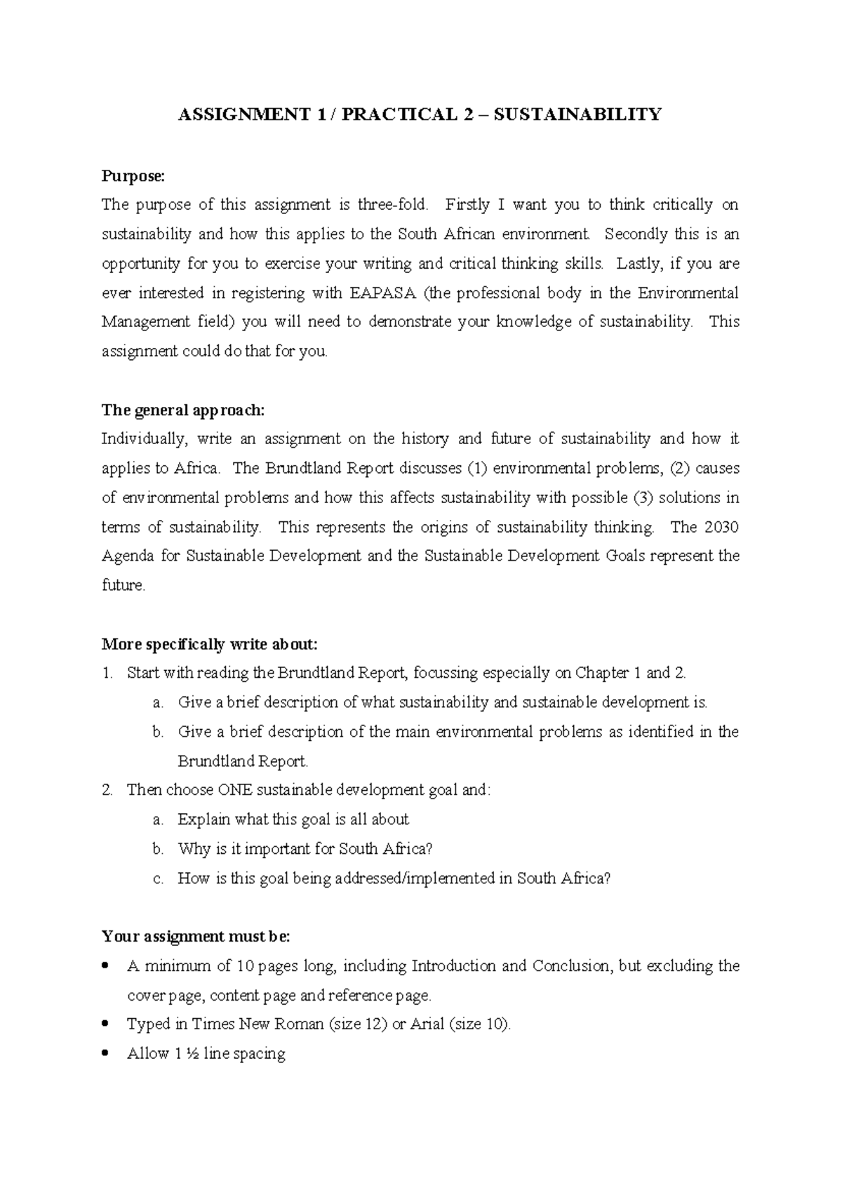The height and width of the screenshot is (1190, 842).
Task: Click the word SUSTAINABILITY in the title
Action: point(577,114)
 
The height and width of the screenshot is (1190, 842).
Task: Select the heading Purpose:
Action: point(132,175)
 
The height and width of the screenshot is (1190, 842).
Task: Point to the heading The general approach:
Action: point(184,410)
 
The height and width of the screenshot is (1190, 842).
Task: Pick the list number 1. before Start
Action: point(107,674)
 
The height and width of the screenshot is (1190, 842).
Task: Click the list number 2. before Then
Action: point(107,790)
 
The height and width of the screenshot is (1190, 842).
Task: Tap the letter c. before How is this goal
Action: point(158,878)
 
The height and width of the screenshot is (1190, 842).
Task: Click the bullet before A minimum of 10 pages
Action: point(106,966)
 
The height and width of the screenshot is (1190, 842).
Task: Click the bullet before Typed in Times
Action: point(106,1024)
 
